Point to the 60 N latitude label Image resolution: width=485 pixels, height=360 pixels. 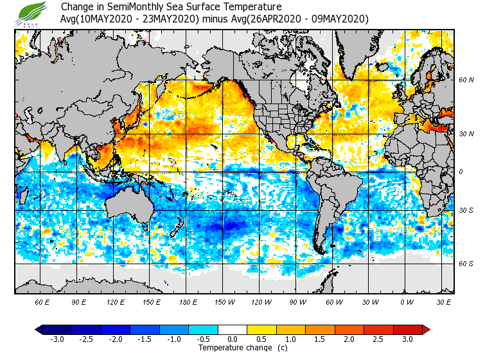(466, 80)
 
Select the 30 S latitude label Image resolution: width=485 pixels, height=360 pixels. (466, 210)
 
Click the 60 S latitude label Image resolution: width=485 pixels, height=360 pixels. (466, 264)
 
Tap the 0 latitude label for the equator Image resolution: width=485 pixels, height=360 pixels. (460, 172)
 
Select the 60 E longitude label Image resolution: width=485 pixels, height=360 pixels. (42, 302)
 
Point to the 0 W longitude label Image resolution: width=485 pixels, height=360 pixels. (406, 302)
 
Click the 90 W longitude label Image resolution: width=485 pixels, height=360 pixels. (297, 302)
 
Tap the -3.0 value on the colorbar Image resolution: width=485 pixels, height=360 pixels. (57, 339)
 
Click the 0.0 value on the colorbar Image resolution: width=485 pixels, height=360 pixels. (232, 339)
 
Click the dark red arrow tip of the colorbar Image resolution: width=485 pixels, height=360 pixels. (425, 329)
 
